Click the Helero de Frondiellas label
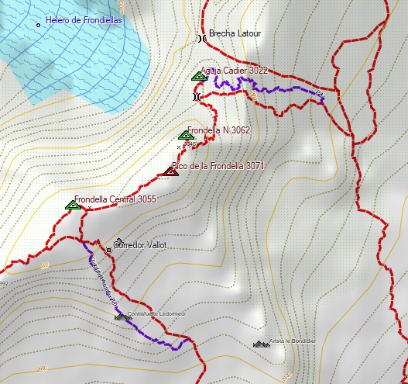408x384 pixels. [x=84, y=21]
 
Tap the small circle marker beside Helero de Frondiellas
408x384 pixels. [x=39, y=26]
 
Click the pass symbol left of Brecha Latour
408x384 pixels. [x=201, y=37]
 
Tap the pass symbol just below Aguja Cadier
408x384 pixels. [x=197, y=96]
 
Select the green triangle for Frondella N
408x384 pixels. [x=186, y=135]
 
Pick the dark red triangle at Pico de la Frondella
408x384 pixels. [x=171, y=171]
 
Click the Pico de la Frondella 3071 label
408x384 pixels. [x=218, y=165]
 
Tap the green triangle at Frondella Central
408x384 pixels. [x=73, y=205]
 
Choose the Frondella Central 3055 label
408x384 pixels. [x=115, y=199]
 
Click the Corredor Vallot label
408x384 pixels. [x=140, y=245]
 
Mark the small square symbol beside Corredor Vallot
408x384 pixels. [x=118, y=241]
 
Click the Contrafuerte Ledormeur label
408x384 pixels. [x=159, y=314]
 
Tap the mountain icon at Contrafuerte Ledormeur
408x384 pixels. [x=121, y=317]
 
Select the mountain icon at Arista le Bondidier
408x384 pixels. [x=261, y=343]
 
